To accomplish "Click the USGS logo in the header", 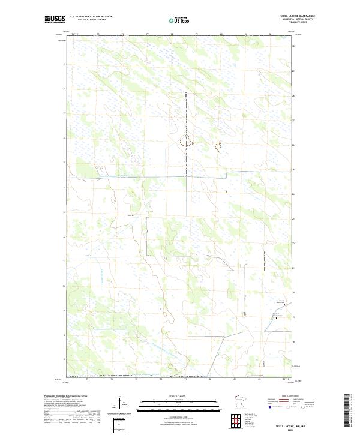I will point(55,19).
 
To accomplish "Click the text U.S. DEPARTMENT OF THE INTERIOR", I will point(91,17).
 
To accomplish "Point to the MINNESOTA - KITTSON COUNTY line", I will point(296,20).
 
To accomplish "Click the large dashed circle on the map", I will point(186,140).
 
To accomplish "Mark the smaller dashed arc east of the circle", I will point(218,145).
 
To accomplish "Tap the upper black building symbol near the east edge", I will point(285,305).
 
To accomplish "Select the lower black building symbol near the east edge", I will point(275,319).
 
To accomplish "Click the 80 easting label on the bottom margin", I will point(210,379).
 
